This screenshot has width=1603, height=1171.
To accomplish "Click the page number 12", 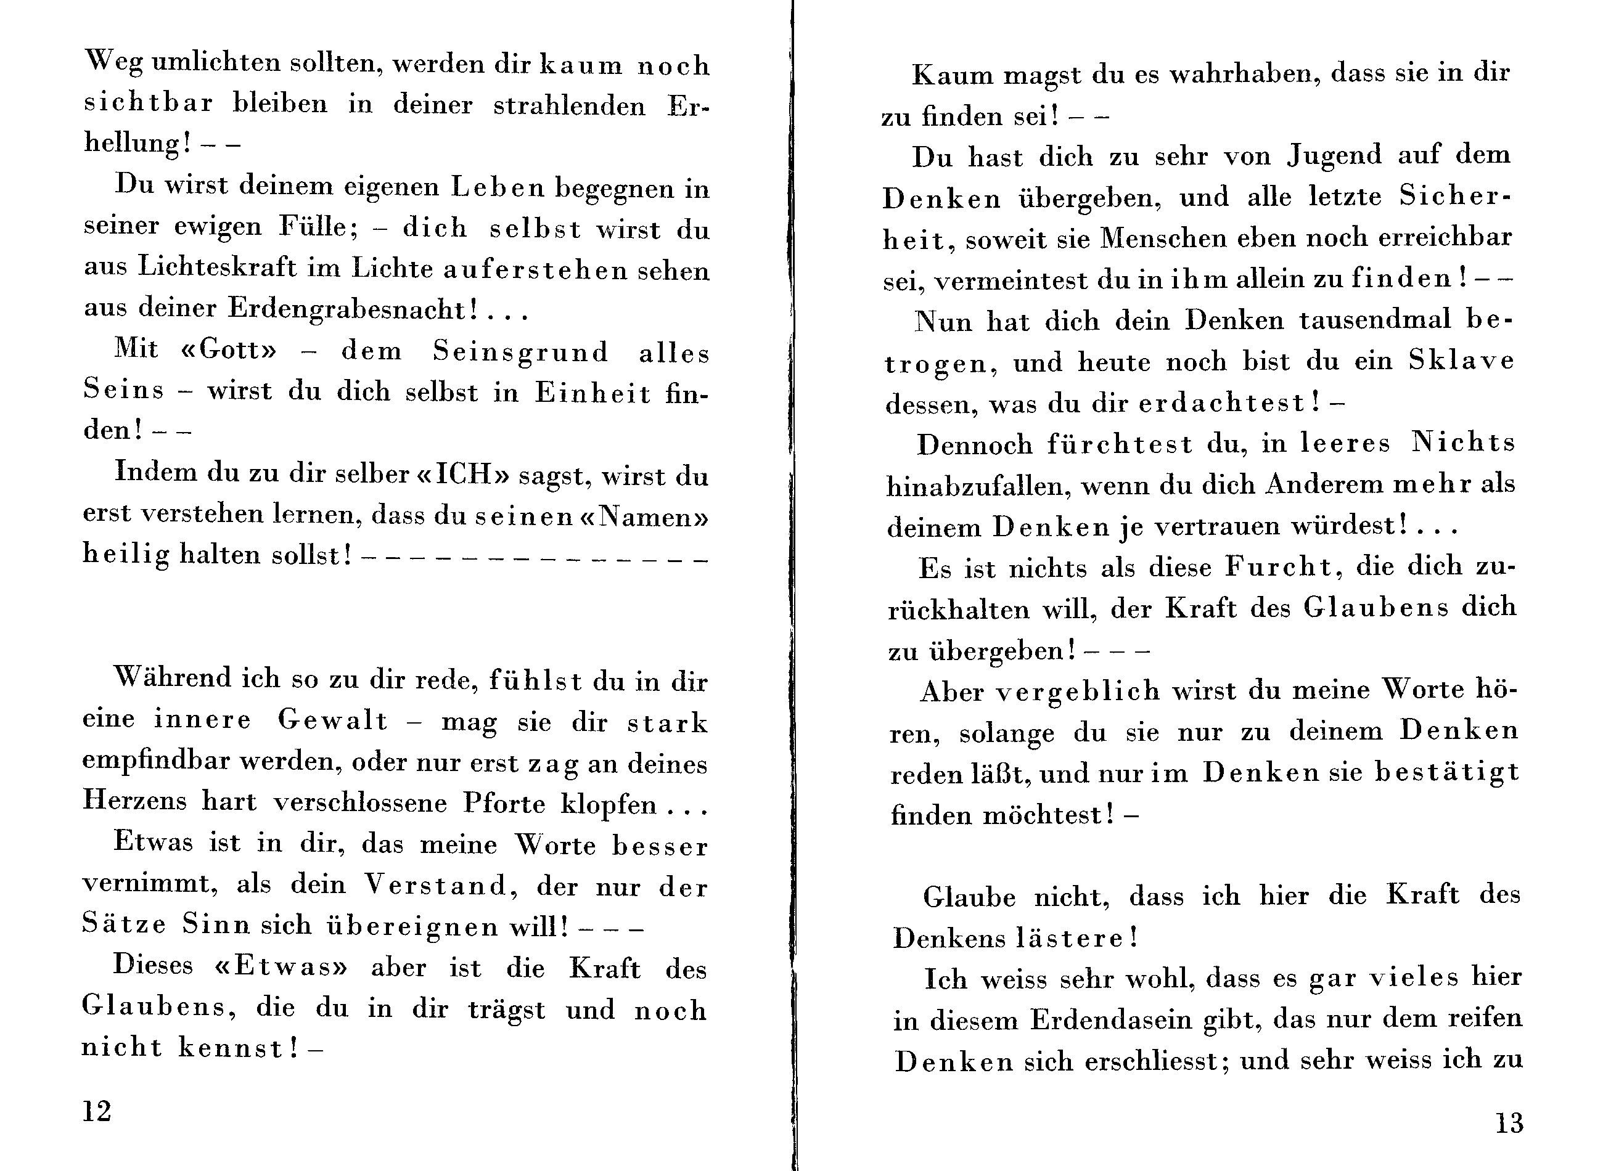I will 97,1111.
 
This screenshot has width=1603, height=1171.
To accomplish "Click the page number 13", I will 1509,1123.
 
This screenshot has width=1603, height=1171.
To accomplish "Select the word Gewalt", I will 332,720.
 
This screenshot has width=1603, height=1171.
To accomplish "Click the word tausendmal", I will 1375,320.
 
